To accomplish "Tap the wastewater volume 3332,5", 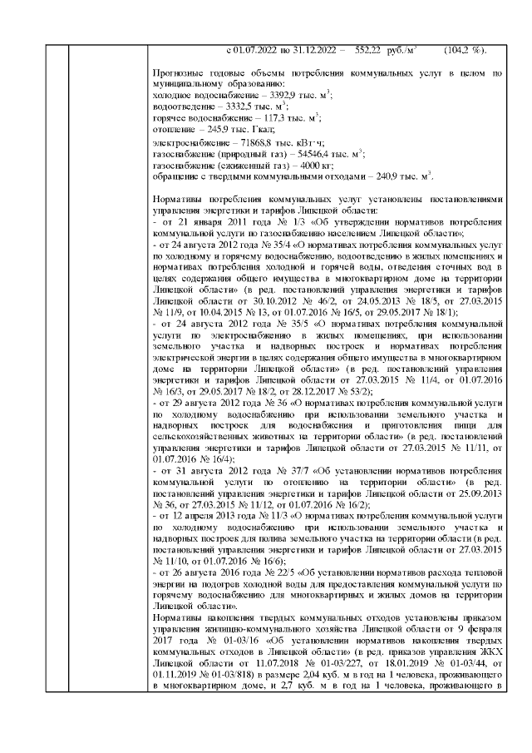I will [228, 107].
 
